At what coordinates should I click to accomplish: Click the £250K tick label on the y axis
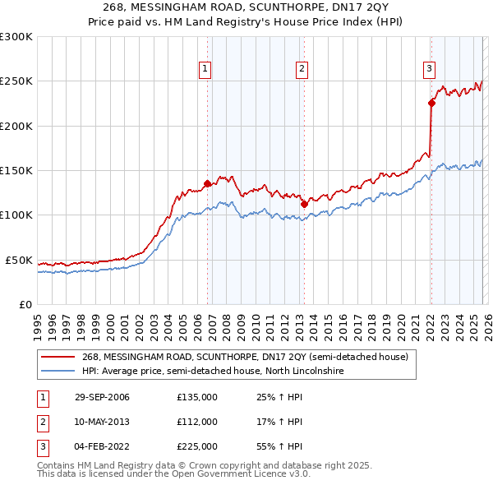click(16, 81)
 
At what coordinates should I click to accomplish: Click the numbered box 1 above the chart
click(205, 69)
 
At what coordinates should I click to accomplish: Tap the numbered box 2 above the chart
click(302, 69)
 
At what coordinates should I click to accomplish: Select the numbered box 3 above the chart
click(430, 69)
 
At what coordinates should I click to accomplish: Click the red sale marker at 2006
click(207, 184)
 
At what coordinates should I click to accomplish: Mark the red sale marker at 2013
click(303, 204)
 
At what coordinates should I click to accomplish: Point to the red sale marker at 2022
click(431, 104)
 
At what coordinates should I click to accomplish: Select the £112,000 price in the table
click(197, 422)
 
